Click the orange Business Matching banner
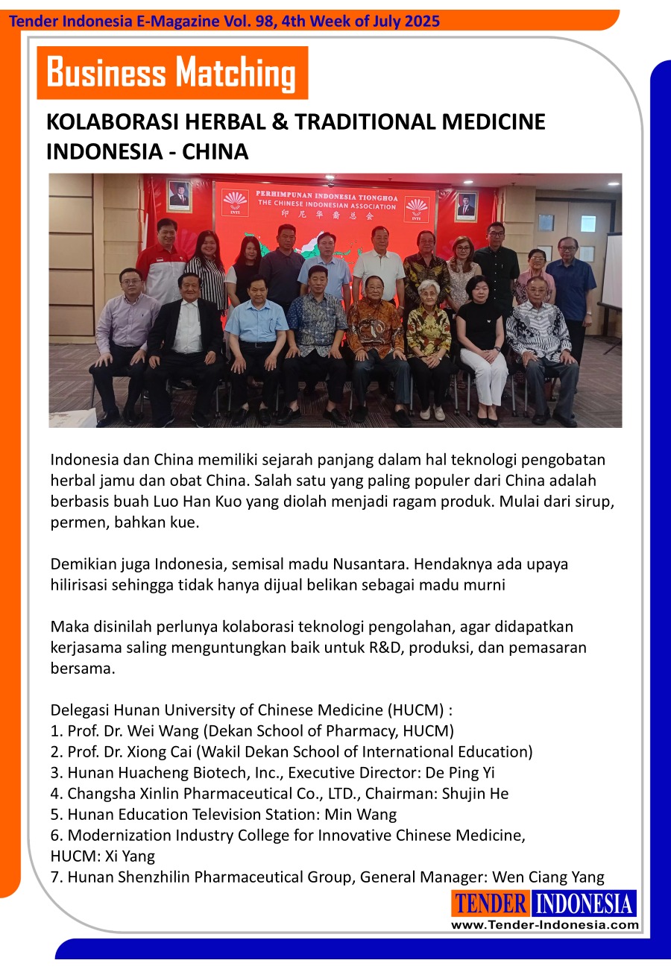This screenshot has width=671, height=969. (171, 73)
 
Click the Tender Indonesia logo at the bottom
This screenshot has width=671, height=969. (544, 903)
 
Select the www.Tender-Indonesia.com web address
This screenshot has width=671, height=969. (544, 925)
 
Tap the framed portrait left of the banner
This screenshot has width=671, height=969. (179, 195)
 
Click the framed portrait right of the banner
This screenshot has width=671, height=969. (466, 206)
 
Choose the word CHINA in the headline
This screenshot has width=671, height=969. (215, 151)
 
